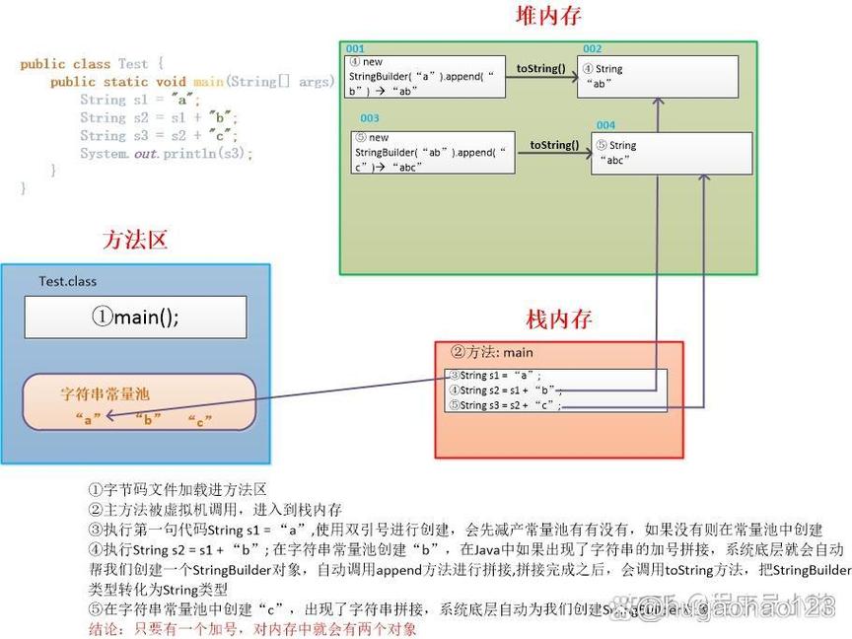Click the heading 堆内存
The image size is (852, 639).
coord(548,16)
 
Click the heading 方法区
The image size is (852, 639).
coord(135,240)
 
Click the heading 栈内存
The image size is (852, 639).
coord(559,319)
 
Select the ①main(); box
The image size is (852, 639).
coord(135,317)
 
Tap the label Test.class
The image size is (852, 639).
coord(67,281)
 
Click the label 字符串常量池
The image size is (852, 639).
coord(105,394)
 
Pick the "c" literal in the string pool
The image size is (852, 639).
coord(200,419)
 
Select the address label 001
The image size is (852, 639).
coord(355,48)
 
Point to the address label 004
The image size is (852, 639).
coord(605,125)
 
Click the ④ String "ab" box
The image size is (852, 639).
coord(658,76)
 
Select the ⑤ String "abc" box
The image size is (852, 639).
coord(672,152)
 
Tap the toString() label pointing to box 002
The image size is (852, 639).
coord(541,68)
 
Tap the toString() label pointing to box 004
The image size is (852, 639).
coord(554,145)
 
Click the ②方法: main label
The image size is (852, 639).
coord(492,352)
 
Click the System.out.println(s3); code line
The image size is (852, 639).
coord(166,153)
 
